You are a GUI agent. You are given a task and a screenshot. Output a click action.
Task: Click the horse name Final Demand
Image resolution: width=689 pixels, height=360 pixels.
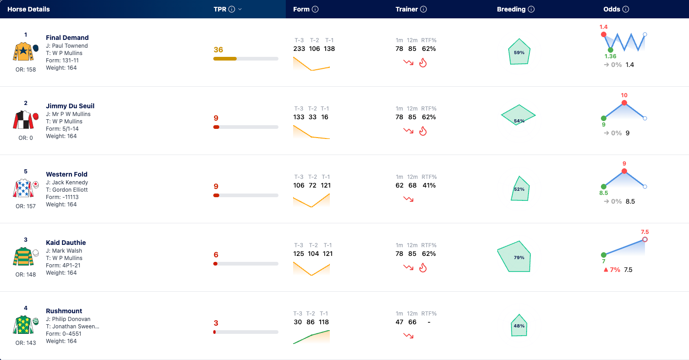pyautogui.click(x=67, y=38)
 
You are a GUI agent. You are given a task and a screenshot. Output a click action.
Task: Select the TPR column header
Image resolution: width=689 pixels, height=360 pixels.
pyautogui.click(x=220, y=9)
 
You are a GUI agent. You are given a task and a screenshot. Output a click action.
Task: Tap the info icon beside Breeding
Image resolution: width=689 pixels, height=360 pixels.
pyautogui.click(x=531, y=9)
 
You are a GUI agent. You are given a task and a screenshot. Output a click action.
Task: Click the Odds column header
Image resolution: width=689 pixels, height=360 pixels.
pyautogui.click(x=611, y=9)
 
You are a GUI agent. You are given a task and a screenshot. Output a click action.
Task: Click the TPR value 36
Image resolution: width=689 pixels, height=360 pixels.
pyautogui.click(x=218, y=50)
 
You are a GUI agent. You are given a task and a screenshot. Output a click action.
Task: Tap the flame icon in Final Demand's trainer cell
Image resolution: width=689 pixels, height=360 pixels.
pyautogui.click(x=423, y=62)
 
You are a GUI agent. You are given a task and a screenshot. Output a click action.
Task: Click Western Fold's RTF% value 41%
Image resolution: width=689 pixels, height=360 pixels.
pyautogui.click(x=429, y=185)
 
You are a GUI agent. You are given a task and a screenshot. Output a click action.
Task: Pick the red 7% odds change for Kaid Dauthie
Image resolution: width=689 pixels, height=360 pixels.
pyautogui.click(x=611, y=270)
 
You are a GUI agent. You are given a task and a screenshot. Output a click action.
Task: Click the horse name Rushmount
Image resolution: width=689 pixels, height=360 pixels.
pyautogui.click(x=64, y=311)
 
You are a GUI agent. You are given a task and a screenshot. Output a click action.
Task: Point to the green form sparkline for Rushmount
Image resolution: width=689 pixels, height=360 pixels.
pyautogui.click(x=311, y=337)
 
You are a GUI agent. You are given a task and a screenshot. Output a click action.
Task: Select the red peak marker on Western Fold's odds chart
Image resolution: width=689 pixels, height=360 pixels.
pyautogui.click(x=624, y=171)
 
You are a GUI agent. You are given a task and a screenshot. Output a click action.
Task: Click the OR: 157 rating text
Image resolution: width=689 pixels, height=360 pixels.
pyautogui.click(x=26, y=206)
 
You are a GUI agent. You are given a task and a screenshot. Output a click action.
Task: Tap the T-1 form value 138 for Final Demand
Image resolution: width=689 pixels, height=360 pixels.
pyautogui.click(x=329, y=49)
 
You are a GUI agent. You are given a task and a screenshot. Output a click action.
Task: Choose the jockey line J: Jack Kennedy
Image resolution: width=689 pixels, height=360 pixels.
pyautogui.click(x=67, y=183)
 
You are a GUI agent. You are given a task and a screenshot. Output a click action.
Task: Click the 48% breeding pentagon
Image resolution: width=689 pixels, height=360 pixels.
pyautogui.click(x=519, y=325)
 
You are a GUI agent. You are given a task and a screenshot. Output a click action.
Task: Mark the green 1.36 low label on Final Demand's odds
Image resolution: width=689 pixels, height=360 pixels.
pyautogui.click(x=610, y=56)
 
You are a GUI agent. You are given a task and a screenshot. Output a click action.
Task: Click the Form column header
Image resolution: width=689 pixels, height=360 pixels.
pyautogui.click(x=301, y=9)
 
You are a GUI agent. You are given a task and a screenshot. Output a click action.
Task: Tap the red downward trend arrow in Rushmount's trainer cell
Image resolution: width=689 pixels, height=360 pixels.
pyautogui.click(x=408, y=336)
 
